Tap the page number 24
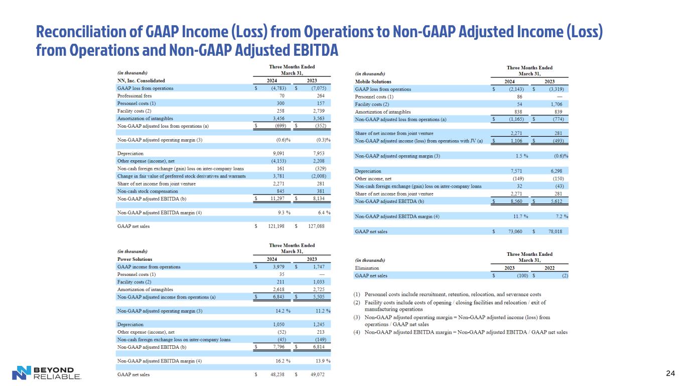(x=670, y=373)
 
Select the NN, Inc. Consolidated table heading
(x=141, y=80)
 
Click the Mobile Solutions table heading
(x=373, y=81)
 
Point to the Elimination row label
(x=367, y=268)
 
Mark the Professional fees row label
(x=134, y=95)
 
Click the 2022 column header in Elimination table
(x=550, y=268)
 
